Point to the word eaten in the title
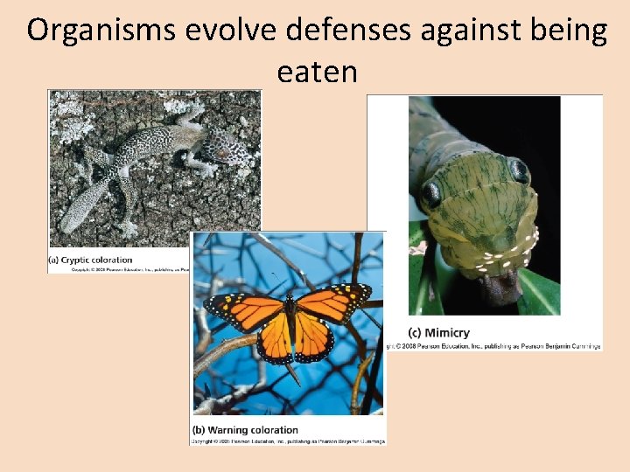point(317,71)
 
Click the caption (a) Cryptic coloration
point(90,260)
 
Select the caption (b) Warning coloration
point(245,429)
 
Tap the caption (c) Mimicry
point(438,332)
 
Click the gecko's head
point(226,149)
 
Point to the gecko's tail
point(84,205)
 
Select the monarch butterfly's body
point(290,328)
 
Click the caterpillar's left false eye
point(431,192)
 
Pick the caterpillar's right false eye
point(519,171)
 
